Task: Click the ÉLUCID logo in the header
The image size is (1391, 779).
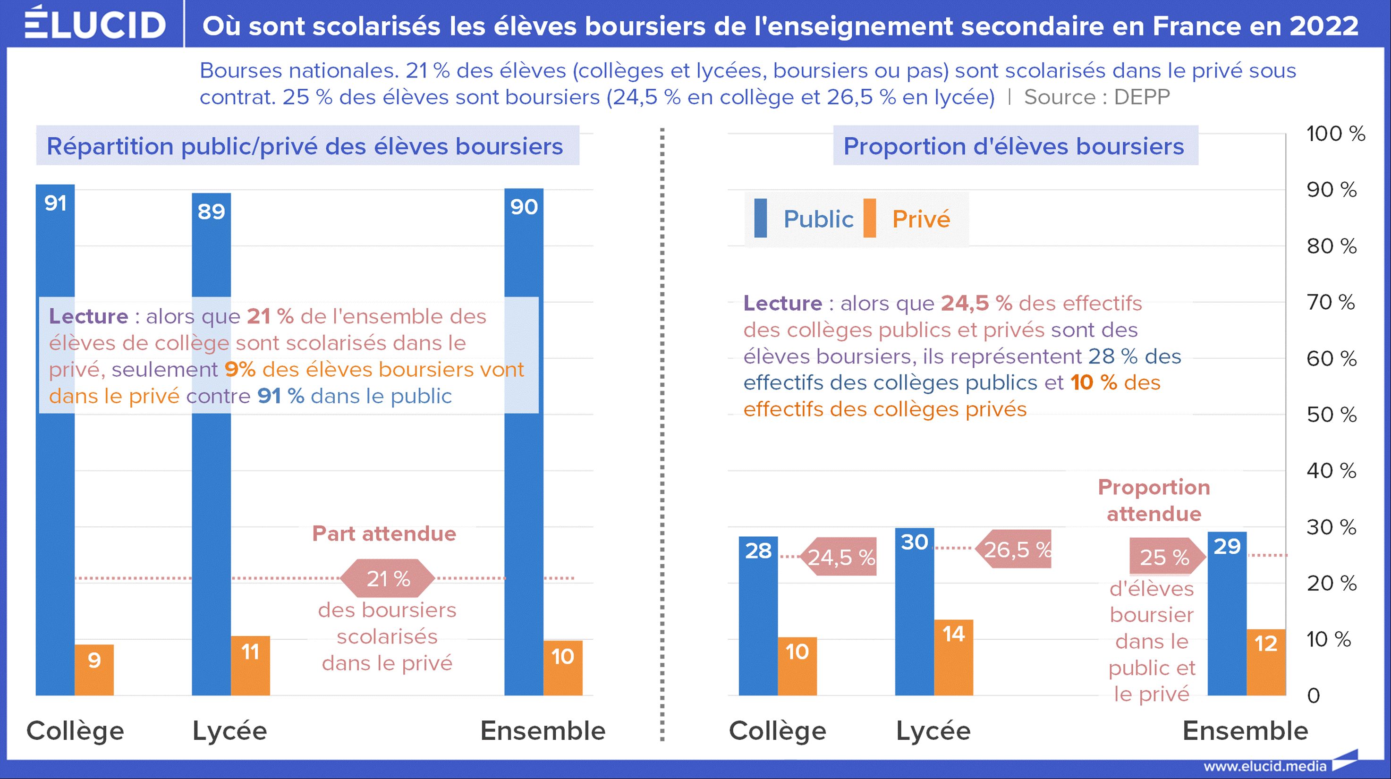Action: coord(94,24)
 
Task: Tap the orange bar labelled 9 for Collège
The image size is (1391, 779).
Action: coord(94,669)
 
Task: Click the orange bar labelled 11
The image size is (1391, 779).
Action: coord(250,665)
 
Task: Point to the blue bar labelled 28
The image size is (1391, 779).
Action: coord(758,616)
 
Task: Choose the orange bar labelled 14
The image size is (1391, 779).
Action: coord(954,657)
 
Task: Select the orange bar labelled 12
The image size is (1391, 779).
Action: coord(1266,662)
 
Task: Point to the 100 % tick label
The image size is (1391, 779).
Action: coord(1335,133)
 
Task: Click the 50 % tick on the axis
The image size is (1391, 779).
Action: coord(1331,415)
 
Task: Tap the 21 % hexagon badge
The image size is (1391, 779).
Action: coord(388,578)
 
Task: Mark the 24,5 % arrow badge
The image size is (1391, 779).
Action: coord(840,557)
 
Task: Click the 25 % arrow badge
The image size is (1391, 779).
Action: coord(1165,557)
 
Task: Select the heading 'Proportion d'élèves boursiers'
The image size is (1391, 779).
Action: coord(1014,146)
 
